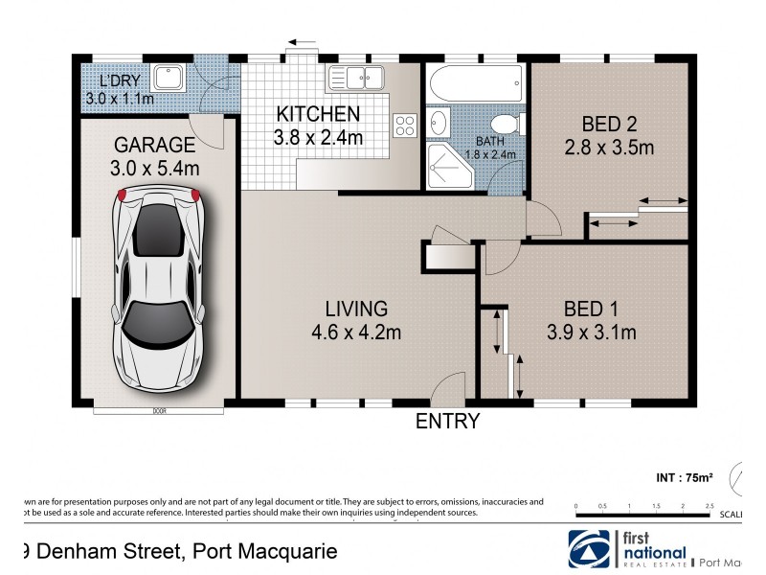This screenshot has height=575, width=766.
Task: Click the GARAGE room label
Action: coord(155,145)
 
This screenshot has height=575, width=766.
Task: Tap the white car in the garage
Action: coord(157,288)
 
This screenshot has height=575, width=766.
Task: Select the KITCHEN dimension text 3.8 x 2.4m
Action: coord(318,137)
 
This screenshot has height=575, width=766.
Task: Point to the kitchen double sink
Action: coord(355,77)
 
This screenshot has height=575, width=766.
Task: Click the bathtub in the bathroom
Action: coord(475,80)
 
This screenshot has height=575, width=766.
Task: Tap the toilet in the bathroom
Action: coord(506,125)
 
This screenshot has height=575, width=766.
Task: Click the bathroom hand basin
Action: coord(439,122)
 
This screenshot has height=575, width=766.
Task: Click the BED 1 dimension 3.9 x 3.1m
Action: coord(591,333)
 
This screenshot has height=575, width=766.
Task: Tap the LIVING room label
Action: coord(356,309)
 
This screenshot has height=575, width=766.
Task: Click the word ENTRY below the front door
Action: coord(446,421)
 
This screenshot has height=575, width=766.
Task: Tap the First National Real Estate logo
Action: coord(628,549)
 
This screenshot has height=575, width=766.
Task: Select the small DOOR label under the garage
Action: coord(158,411)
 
